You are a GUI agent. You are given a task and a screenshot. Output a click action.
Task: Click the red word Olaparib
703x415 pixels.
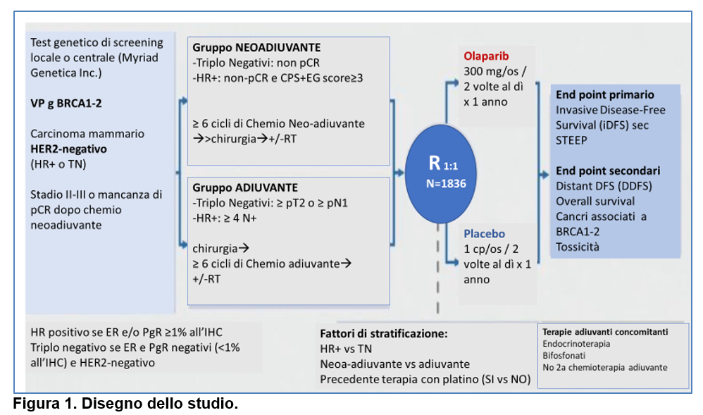[486, 56]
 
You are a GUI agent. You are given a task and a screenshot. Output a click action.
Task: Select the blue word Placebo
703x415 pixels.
[484, 234]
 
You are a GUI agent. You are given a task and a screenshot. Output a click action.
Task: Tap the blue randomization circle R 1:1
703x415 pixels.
[441, 174]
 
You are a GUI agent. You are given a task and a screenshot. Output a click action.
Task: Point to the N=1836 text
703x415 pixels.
[446, 183]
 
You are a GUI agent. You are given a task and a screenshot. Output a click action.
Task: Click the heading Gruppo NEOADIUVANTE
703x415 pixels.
[256, 47]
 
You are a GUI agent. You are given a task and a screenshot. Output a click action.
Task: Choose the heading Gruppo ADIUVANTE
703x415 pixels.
[245, 187]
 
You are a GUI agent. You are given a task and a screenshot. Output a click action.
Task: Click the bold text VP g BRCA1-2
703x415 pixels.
[66, 103]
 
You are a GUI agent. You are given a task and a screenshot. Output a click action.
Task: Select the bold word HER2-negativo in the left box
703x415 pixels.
[68, 149]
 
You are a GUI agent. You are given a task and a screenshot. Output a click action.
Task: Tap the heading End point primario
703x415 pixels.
[605, 94]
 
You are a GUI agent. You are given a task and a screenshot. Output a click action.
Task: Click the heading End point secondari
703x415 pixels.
[608, 171]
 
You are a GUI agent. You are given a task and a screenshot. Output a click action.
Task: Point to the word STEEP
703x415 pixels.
[571, 140]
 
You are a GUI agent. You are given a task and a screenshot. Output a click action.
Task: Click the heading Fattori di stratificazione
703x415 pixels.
[384, 334]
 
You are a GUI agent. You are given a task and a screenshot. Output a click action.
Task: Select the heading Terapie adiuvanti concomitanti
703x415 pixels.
[605, 332]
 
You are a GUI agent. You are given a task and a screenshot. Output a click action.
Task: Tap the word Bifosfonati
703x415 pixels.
[564, 356]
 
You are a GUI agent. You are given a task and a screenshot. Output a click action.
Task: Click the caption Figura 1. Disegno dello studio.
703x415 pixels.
[125, 403]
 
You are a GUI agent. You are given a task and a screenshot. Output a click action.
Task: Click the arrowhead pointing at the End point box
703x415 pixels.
[545, 174]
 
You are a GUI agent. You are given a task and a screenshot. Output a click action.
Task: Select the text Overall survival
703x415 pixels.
[595, 202]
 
